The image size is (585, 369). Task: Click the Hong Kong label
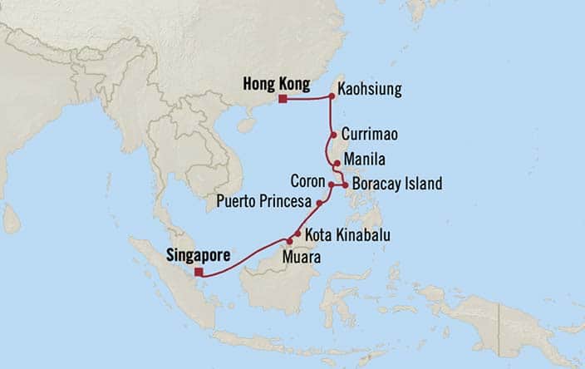[x=276, y=84]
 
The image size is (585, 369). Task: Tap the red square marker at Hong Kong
[x=283, y=99]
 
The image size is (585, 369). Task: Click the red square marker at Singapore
[x=198, y=272]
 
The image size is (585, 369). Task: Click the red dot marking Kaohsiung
[x=332, y=96]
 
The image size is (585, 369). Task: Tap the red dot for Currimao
[x=333, y=135]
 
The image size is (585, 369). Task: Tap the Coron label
[x=307, y=180]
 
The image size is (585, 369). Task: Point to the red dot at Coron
[x=331, y=184]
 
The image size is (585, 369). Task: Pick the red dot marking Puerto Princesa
[x=319, y=202]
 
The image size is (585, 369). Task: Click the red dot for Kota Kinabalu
[x=297, y=234]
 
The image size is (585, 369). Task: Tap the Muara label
[x=302, y=258]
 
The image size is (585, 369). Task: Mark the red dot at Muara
[x=290, y=241]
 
